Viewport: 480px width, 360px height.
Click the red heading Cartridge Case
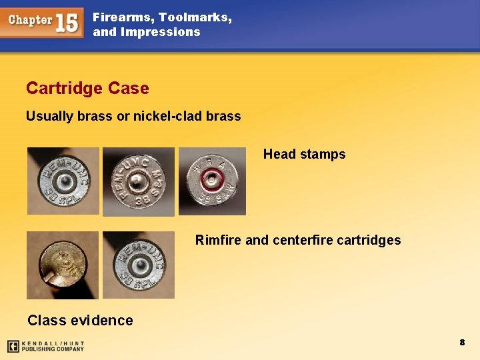[87, 88]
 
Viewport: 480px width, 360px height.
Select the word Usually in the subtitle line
[49, 116]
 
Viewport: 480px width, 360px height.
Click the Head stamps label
[304, 154]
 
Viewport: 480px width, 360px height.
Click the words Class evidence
[80, 320]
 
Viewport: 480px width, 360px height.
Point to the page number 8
[461, 342]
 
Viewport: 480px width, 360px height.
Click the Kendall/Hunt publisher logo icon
[13, 346]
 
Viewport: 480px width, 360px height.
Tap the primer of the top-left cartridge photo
[63, 181]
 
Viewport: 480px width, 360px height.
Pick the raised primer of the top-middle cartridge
[137, 181]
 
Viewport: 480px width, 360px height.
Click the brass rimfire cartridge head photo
[61, 265]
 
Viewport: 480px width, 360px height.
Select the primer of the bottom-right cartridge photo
[139, 265]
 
